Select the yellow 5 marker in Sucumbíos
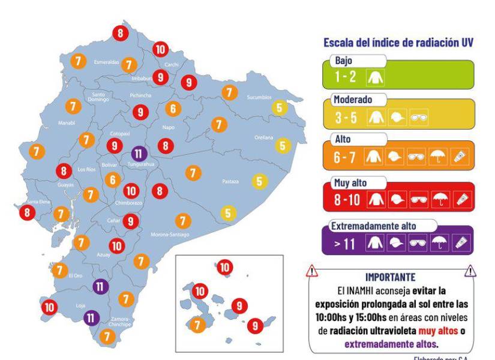279,108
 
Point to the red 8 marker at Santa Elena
27,212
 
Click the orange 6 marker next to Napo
173,109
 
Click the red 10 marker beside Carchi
160,49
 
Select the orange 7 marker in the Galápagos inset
197,325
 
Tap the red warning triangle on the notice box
311,272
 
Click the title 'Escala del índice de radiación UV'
400,43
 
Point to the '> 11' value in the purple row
346,242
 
